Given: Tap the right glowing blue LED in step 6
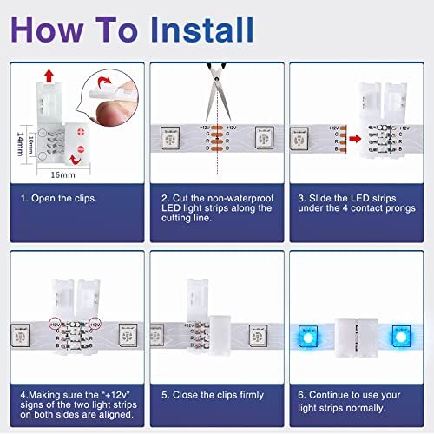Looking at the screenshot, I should coord(400,335).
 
